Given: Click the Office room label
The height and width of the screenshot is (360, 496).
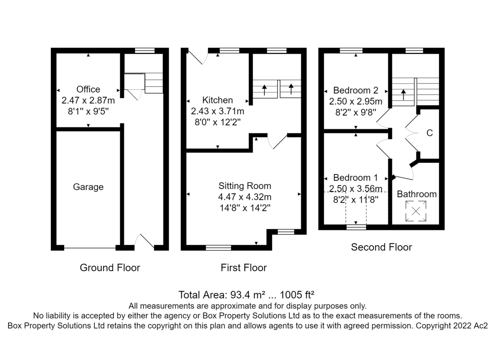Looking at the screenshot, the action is (88, 89).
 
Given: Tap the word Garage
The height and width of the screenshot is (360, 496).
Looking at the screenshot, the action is (88, 187).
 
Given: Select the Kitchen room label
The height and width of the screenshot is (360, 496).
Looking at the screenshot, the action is (217, 100).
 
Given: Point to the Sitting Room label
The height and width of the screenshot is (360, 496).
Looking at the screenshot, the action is (245, 186).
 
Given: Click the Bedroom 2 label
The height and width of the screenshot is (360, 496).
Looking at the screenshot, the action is (355, 91).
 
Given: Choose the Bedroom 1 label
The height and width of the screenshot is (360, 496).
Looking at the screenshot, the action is (355, 178).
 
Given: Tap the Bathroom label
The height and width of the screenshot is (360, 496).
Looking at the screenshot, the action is (417, 194).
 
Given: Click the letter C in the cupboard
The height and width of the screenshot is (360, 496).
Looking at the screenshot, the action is (429, 133).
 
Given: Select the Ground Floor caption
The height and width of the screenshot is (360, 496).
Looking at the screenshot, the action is (110, 268).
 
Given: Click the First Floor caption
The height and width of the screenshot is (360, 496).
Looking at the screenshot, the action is (243, 268).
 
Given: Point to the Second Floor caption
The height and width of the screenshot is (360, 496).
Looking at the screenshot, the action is (381, 247).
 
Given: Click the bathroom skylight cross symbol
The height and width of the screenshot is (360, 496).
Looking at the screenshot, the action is (416, 211).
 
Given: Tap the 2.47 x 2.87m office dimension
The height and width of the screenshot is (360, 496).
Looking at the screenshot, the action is (88, 100).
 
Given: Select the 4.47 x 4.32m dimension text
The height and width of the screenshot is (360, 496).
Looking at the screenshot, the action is (245, 197).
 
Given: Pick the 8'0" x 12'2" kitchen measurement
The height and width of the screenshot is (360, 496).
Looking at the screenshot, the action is (217, 122).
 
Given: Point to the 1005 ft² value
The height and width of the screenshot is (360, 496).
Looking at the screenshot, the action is (297, 295).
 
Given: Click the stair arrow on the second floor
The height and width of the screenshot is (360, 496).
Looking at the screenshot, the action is (403, 95).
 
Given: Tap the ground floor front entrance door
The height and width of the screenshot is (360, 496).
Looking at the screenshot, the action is (144, 242).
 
